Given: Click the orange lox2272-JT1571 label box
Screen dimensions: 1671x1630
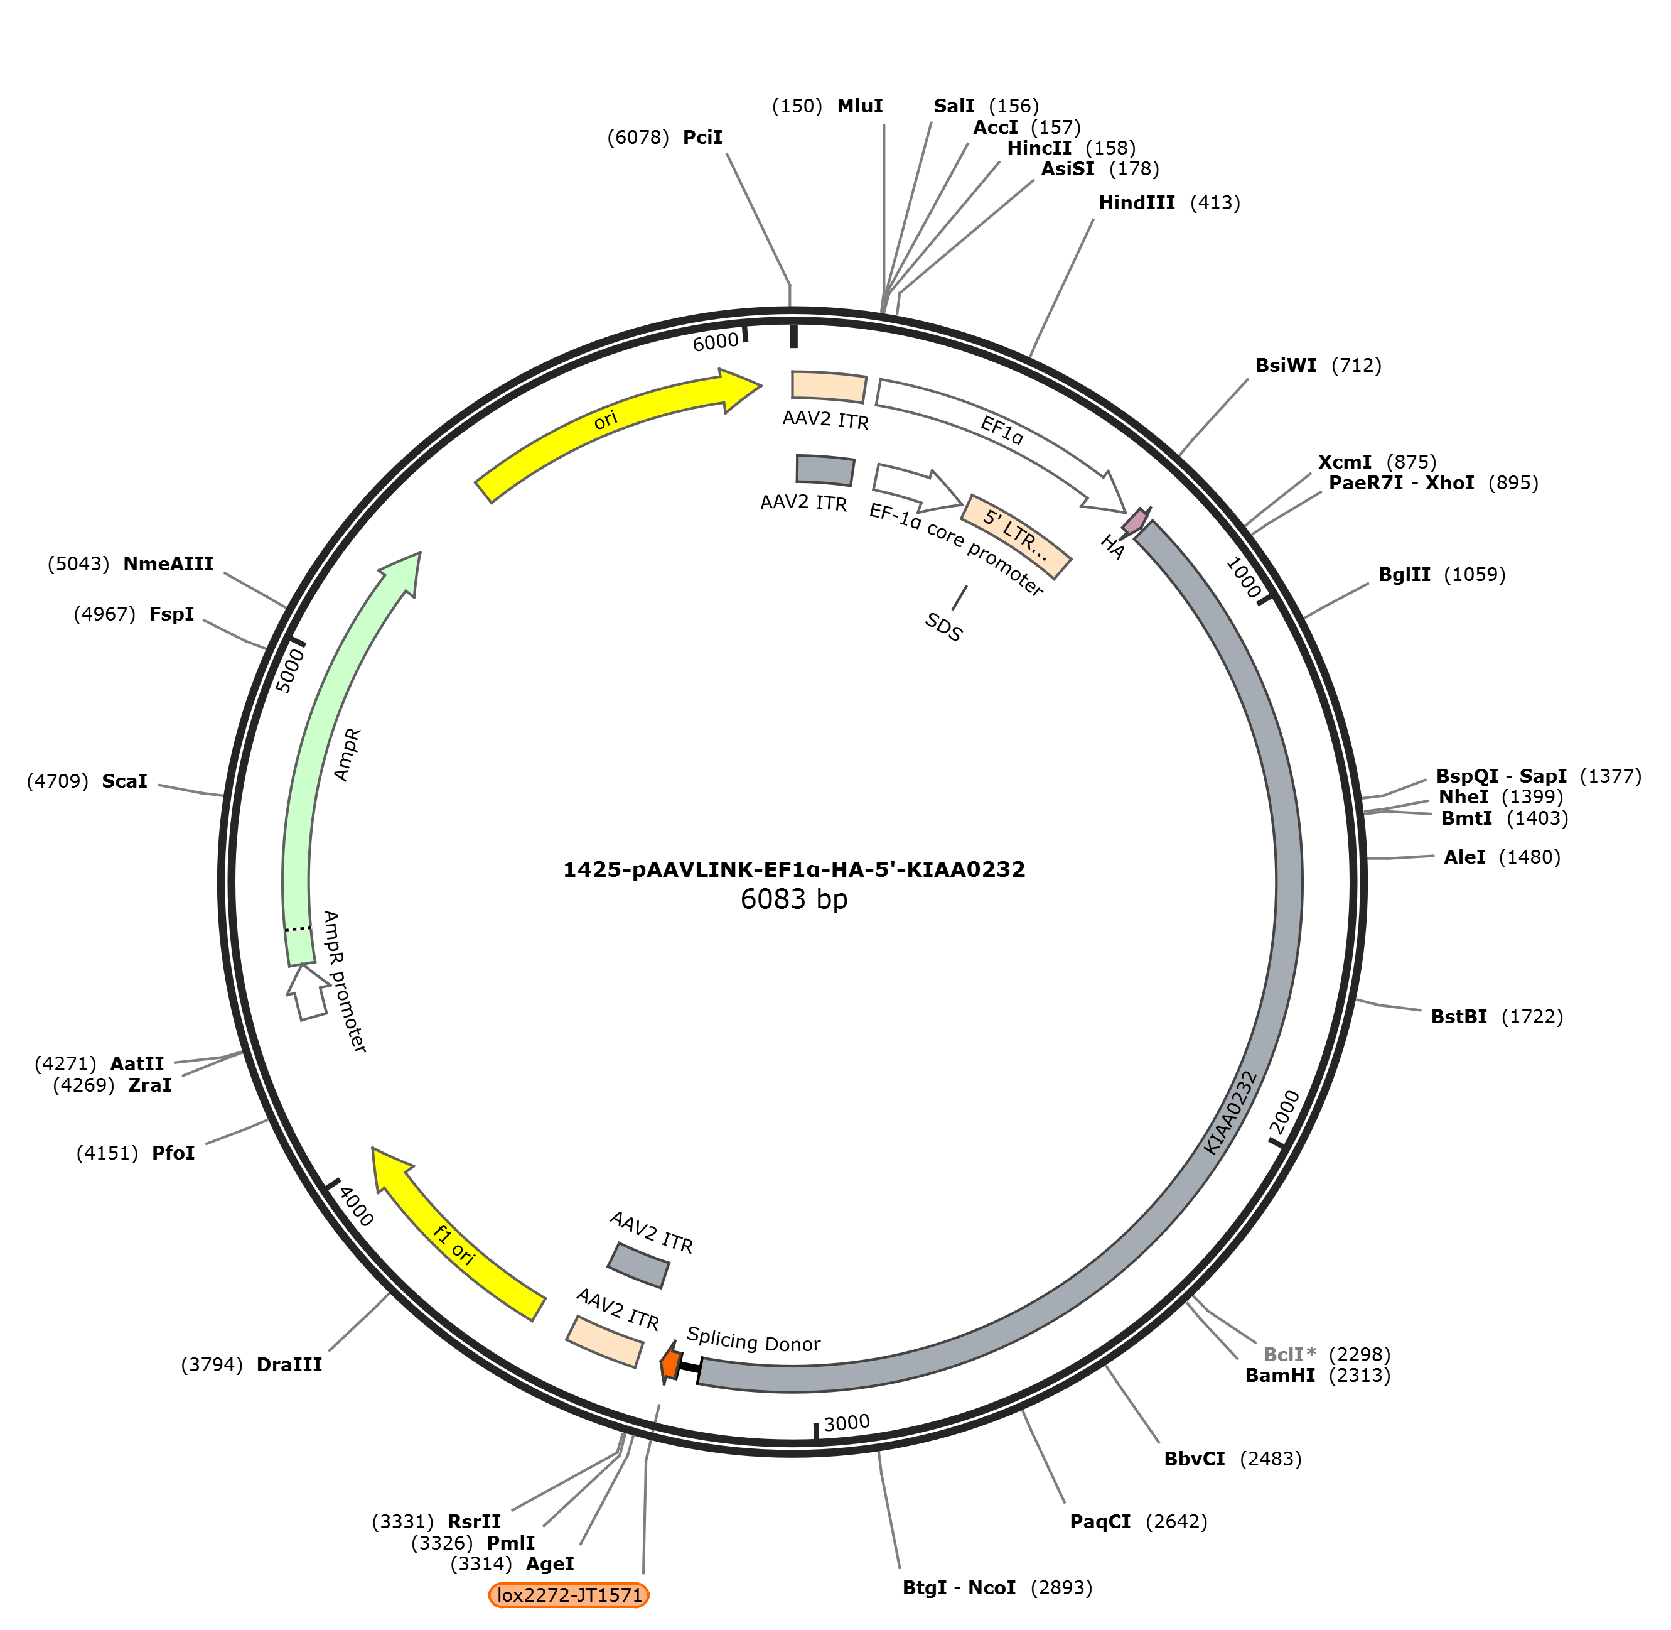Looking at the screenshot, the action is [569, 1595].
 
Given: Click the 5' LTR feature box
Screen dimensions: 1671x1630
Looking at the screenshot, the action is [1016, 536].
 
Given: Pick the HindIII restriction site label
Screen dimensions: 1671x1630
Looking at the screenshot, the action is [1136, 203].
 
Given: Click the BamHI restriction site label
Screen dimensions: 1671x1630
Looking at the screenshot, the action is [1280, 1375].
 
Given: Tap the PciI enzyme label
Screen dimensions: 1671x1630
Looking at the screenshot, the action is [702, 137].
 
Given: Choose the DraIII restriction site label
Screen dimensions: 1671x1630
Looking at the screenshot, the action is [289, 1364].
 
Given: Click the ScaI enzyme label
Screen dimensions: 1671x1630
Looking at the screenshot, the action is [124, 781].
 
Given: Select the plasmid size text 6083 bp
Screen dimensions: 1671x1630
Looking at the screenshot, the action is [794, 899].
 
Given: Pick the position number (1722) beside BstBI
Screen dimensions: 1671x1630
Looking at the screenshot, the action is [1532, 1016].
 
